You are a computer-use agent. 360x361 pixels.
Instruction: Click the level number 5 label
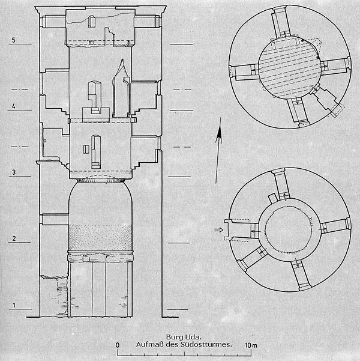[14, 40]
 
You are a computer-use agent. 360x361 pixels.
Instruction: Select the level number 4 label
[14, 106]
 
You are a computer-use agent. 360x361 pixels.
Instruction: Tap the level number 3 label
[14, 172]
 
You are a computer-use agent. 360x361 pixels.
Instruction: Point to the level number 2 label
[14, 238]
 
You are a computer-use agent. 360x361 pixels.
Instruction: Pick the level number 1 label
[14, 305]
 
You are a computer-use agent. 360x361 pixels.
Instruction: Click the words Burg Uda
[184, 338]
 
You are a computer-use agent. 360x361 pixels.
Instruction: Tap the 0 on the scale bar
[118, 345]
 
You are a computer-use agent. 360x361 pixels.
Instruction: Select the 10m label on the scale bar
[251, 345]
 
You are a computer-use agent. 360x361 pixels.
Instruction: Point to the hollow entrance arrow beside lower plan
[218, 230]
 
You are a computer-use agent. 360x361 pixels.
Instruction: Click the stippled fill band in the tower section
[101, 237]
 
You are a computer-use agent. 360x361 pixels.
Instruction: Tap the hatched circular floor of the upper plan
[289, 67]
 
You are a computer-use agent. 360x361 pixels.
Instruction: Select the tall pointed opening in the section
[121, 88]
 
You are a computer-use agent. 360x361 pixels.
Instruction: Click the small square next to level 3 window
[86, 149]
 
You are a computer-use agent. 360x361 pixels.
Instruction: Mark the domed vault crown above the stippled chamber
[101, 180]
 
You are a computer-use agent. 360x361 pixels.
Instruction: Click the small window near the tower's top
[91, 21]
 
